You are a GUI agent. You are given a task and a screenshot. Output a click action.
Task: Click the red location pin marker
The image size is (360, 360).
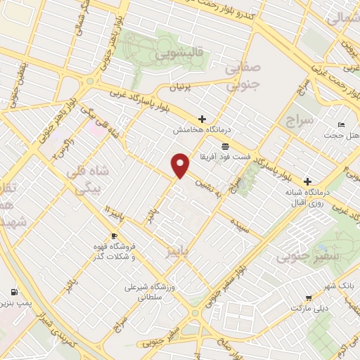click(x=181, y=165)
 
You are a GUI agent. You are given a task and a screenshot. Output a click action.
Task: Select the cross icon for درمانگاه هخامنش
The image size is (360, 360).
click(x=202, y=118)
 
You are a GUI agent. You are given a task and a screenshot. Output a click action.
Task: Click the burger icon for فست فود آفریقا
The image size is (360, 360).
click(x=224, y=146)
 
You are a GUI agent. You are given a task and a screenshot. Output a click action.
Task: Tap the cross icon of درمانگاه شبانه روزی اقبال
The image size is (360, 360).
click(x=307, y=181)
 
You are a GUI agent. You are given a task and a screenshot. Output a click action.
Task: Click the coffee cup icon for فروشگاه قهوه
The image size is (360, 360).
click(x=115, y=236)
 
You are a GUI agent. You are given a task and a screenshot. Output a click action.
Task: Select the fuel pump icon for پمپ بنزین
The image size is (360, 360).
click(x=13, y=292)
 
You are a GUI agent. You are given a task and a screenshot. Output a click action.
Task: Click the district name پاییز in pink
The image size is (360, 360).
click(x=174, y=251)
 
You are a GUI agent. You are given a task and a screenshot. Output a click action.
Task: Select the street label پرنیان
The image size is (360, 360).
click(x=178, y=88)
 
